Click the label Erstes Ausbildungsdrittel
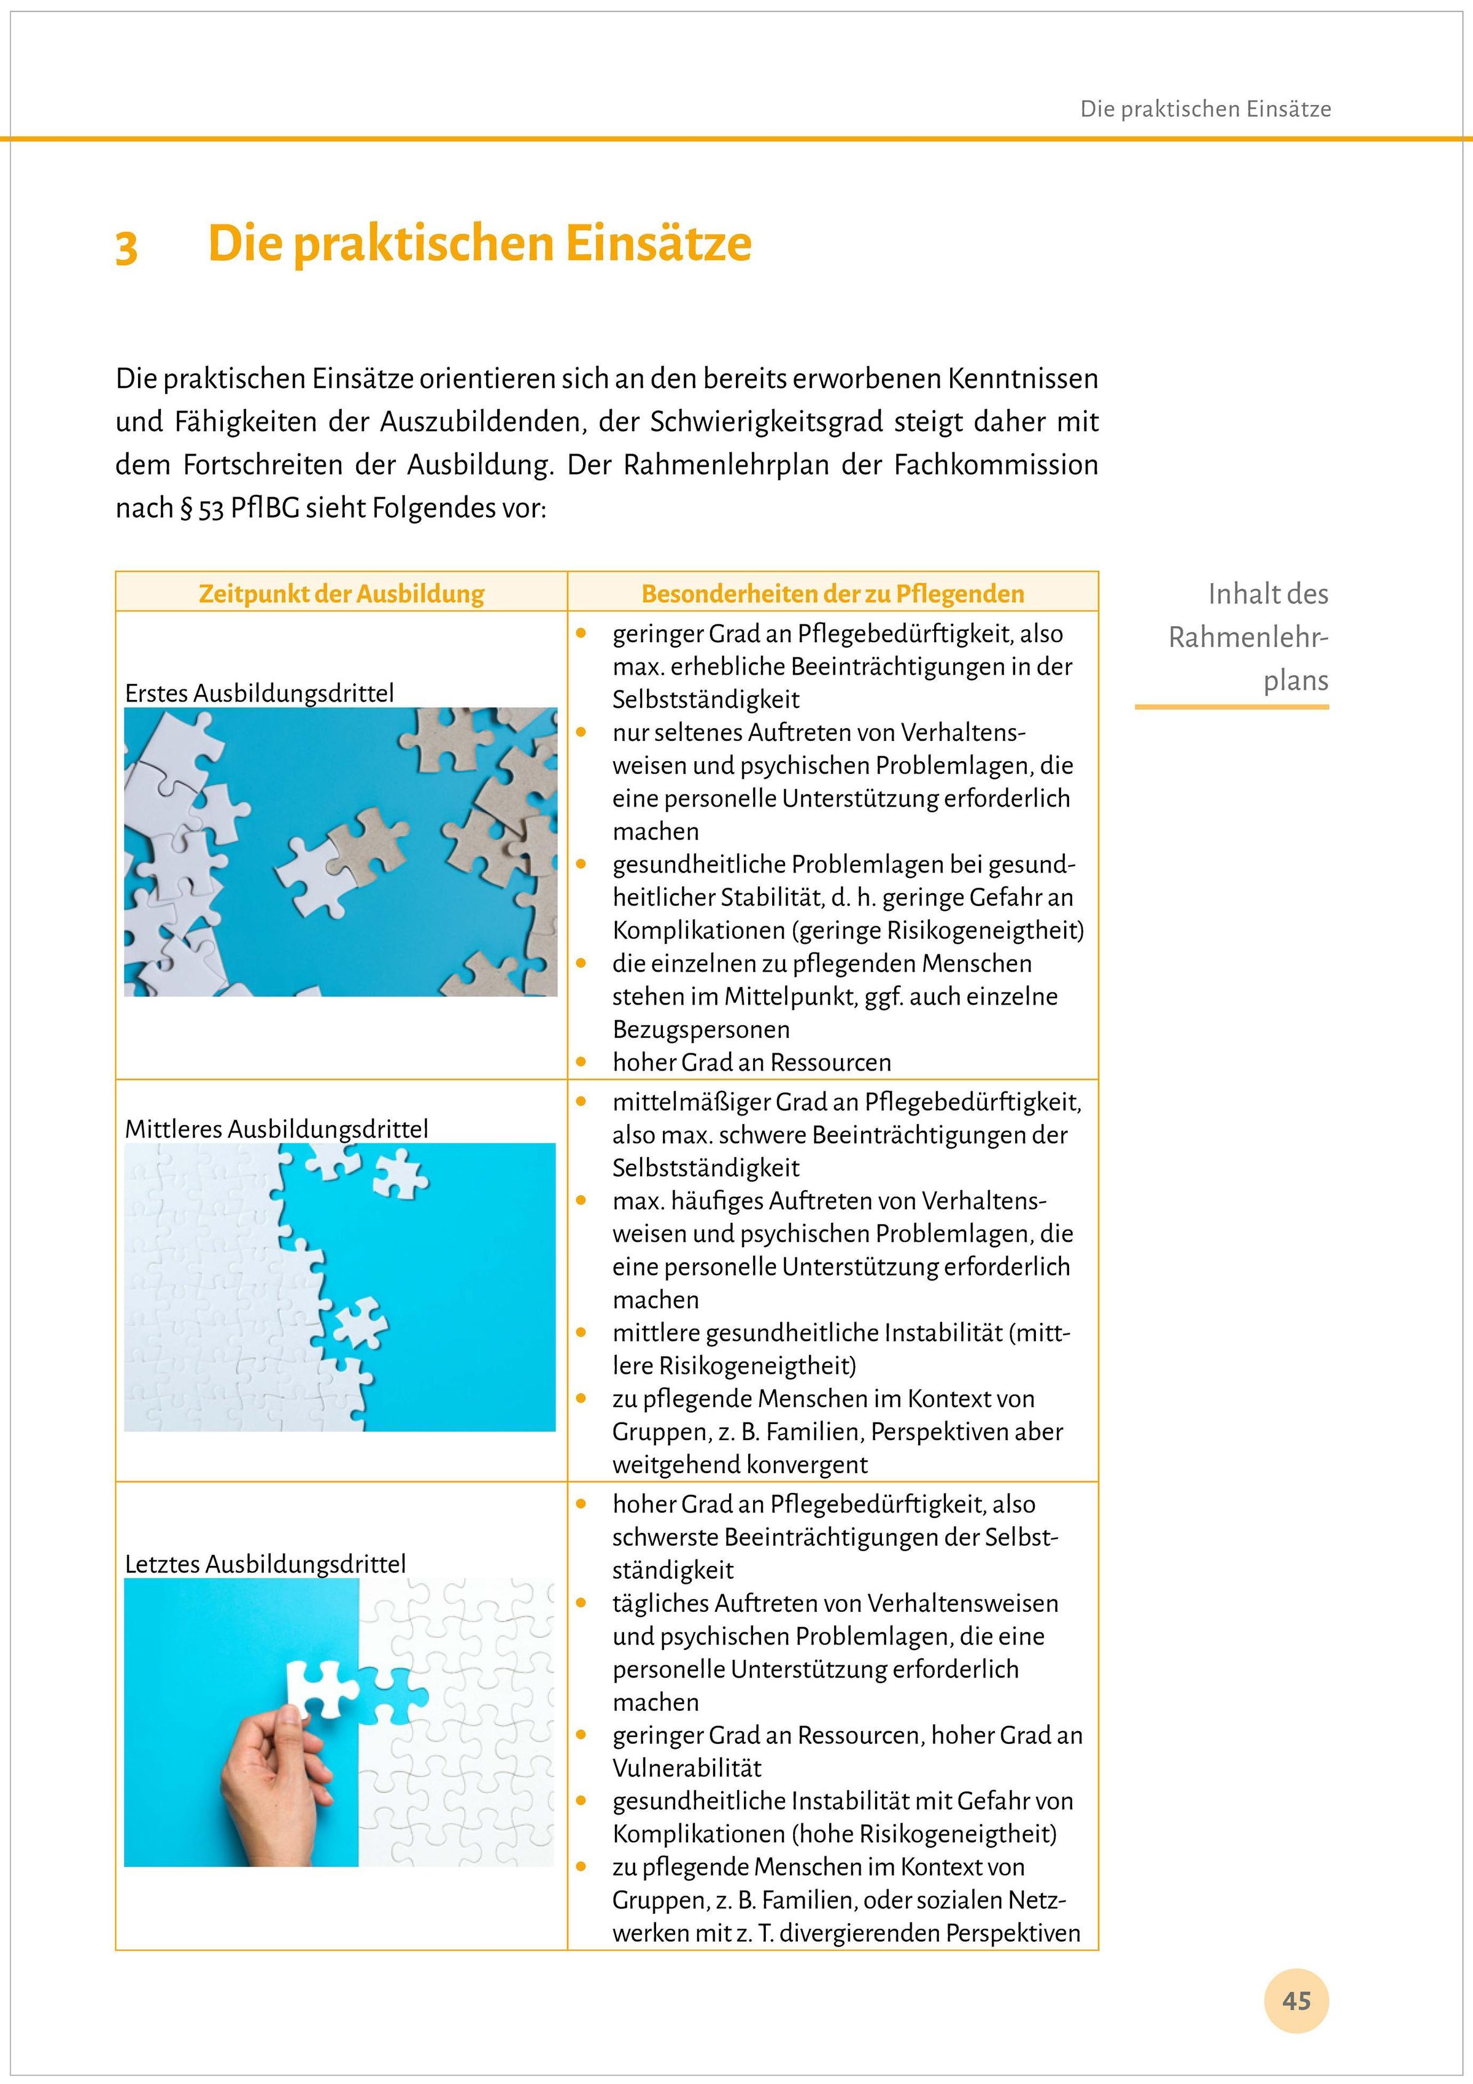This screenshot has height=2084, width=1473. click(260, 694)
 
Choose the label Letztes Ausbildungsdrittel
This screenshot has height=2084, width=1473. click(265, 1564)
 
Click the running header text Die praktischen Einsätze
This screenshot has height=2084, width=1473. click(1205, 110)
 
